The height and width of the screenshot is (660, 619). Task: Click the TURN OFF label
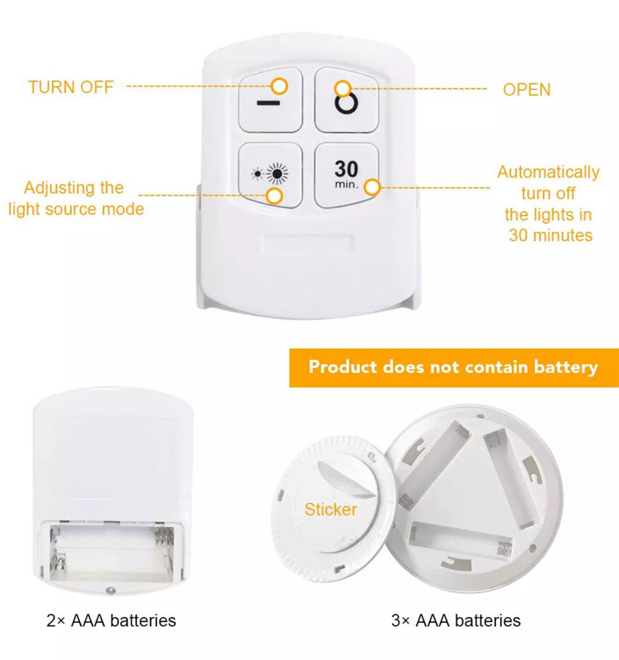coord(71,87)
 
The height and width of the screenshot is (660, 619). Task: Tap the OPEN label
coord(527,90)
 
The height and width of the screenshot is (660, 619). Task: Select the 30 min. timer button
coord(347,174)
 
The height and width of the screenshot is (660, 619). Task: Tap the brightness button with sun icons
coord(271,174)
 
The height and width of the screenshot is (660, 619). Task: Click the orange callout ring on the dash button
coord(279,87)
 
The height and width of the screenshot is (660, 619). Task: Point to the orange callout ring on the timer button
coord(372,187)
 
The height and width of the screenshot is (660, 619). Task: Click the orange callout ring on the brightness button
coord(275,196)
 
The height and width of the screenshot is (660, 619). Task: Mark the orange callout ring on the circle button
coord(343,89)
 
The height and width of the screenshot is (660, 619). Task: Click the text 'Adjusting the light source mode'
coord(76,198)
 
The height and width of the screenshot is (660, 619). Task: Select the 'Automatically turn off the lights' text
coord(548,204)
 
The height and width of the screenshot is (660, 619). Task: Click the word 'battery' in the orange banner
coord(565,367)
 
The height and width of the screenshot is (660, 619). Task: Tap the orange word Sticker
coord(331,509)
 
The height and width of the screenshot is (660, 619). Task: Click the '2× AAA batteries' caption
coord(111,620)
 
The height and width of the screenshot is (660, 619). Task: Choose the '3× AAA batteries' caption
coord(456,620)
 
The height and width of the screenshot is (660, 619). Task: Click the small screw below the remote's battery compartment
coord(111,591)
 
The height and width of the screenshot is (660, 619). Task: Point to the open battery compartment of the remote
coord(111,551)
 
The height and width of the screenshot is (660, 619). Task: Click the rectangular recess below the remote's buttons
coord(307,243)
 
